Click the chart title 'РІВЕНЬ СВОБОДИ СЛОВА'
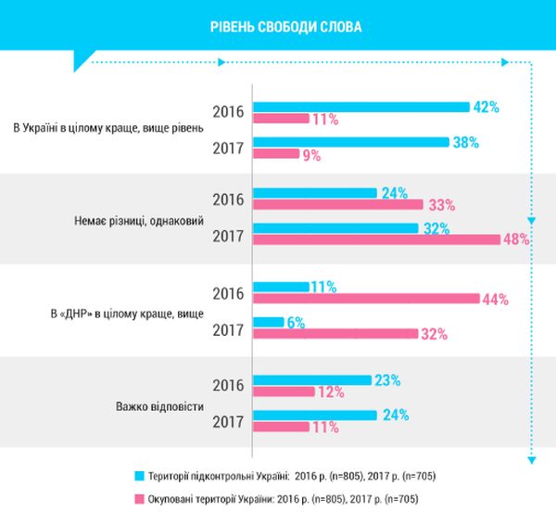coord(286,26)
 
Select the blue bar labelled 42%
coord(360,107)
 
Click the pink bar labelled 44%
coord(365,299)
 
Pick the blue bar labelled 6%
coord(268,322)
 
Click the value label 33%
coord(438,205)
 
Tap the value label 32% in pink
coord(434,334)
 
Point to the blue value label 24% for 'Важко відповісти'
coord(397,415)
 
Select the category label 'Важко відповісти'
coord(158,406)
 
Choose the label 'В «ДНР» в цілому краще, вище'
coord(124,314)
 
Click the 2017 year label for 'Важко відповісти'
coord(228,422)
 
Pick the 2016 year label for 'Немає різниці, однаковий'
coord(228,200)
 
